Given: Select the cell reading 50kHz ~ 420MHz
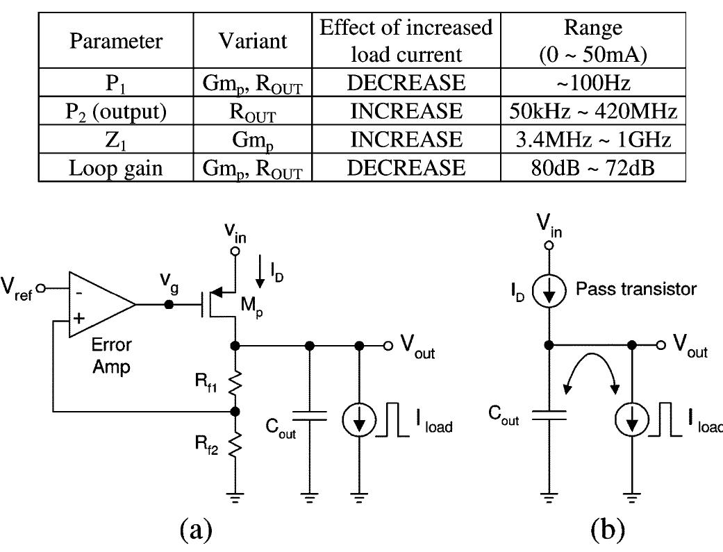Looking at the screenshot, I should coord(592,111).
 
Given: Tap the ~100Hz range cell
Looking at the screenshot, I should coord(592,83).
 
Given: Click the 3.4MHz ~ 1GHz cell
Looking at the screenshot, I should coord(592,140).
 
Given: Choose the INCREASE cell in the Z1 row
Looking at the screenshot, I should coord(406,140).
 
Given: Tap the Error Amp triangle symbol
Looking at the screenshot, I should coord(97,304).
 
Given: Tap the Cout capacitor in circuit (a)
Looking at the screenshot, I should coord(310,415).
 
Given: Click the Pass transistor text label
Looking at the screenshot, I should coord(635,289).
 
